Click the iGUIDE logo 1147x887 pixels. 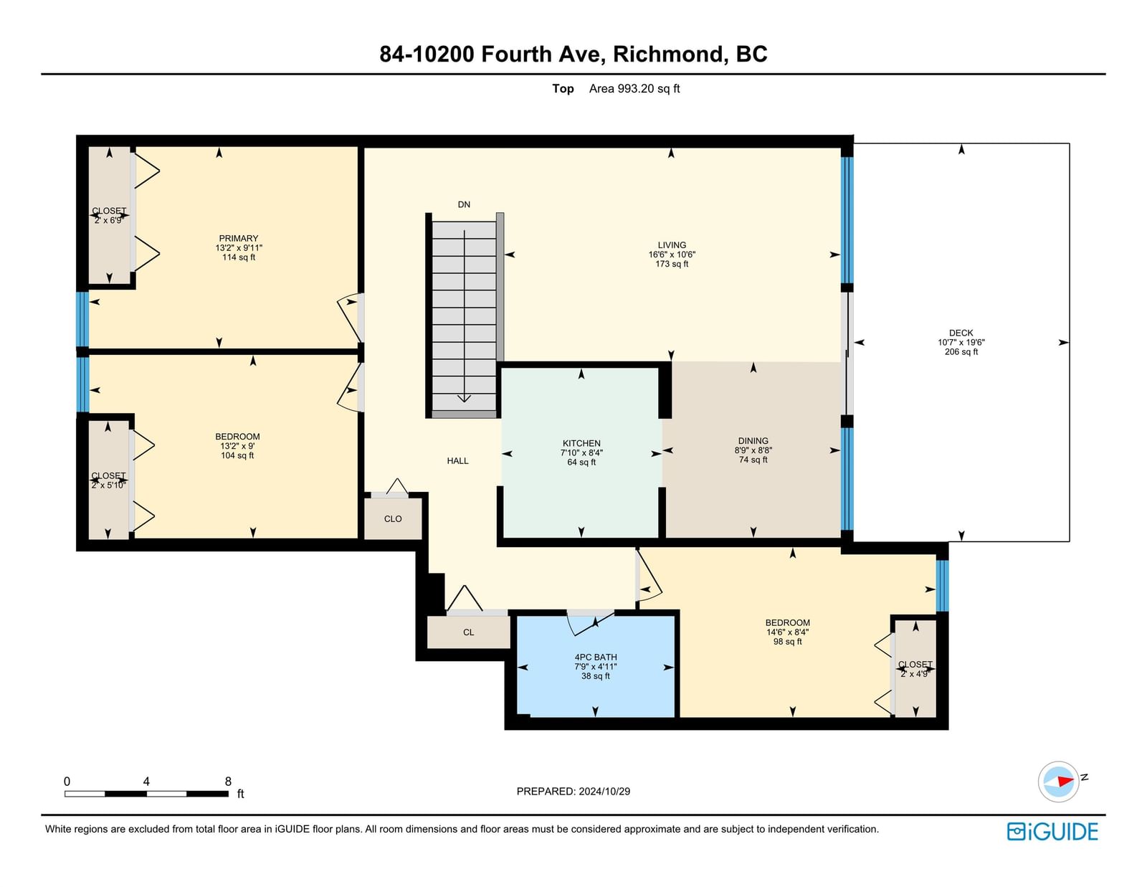(x=1052, y=832)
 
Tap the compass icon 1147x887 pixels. (x=1058, y=782)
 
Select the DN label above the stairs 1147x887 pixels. (x=464, y=204)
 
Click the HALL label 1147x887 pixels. (x=457, y=460)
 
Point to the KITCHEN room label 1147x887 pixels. (x=581, y=443)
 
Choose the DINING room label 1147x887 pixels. (x=753, y=440)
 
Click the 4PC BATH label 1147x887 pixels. (x=596, y=657)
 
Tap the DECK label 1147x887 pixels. (x=961, y=333)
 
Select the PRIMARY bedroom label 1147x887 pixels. (x=239, y=238)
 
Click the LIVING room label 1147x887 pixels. (x=672, y=245)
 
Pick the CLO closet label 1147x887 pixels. (x=393, y=518)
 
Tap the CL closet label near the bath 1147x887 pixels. (x=468, y=632)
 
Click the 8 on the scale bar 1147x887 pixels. (x=228, y=782)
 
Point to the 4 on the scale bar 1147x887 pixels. (x=146, y=782)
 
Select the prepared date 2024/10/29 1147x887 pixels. (x=604, y=791)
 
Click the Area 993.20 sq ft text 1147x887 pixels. (x=634, y=88)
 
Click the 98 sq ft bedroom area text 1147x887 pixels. (x=788, y=642)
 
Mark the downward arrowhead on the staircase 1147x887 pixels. (x=464, y=398)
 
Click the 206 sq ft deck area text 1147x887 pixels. (x=961, y=351)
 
